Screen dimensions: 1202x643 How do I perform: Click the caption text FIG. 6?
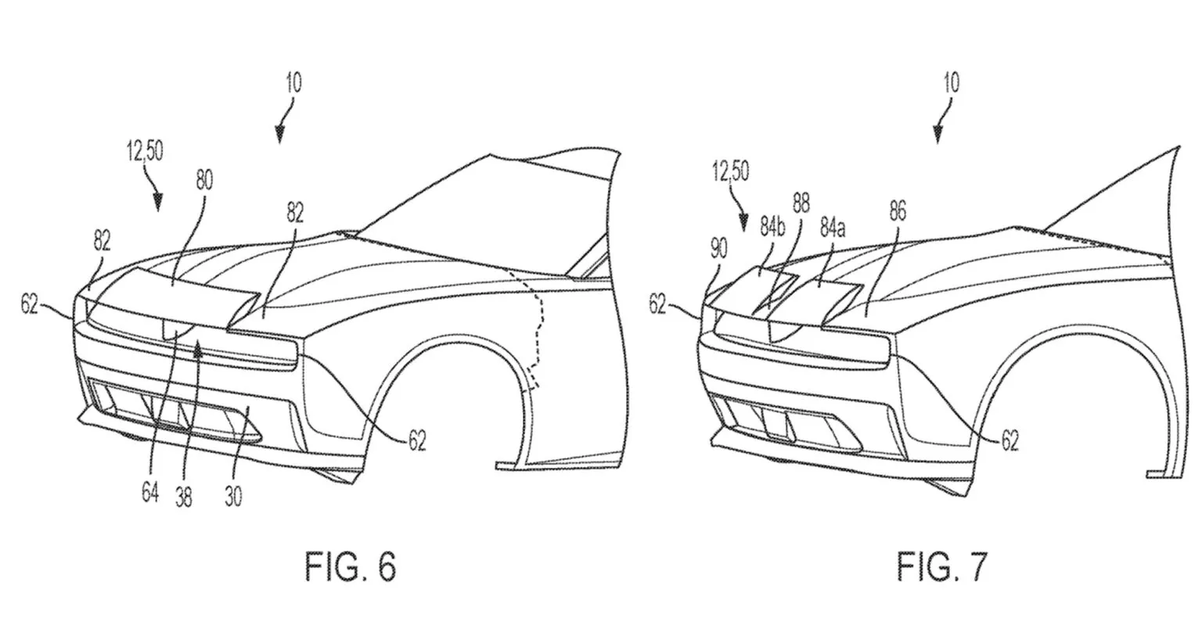pos(351,567)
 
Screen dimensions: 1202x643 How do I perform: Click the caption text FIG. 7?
pos(941,567)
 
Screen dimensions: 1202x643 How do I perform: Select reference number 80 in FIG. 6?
pos(204,180)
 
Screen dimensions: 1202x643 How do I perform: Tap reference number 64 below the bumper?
pos(150,492)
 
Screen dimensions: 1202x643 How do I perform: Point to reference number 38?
pos(184,497)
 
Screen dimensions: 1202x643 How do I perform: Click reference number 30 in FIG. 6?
pos(233,497)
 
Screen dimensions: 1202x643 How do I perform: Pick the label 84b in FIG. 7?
pos(772,228)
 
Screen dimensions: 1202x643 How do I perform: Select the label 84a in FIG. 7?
pos(833,228)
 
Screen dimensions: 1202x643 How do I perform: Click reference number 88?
pos(801,203)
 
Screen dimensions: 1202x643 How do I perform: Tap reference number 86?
pos(898,210)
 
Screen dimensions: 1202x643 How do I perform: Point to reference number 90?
pos(718,248)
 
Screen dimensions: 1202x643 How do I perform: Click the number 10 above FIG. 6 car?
pos(293,83)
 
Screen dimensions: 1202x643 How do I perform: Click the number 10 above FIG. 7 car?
pos(952,83)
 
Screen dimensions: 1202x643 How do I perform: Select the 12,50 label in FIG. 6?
pos(145,151)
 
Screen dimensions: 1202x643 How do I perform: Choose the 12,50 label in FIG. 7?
pos(731,171)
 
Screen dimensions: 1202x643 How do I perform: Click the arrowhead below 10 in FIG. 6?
pos(279,135)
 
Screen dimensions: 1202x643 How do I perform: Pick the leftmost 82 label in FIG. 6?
pos(102,241)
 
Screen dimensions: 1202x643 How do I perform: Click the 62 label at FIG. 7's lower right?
pos(1010,441)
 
